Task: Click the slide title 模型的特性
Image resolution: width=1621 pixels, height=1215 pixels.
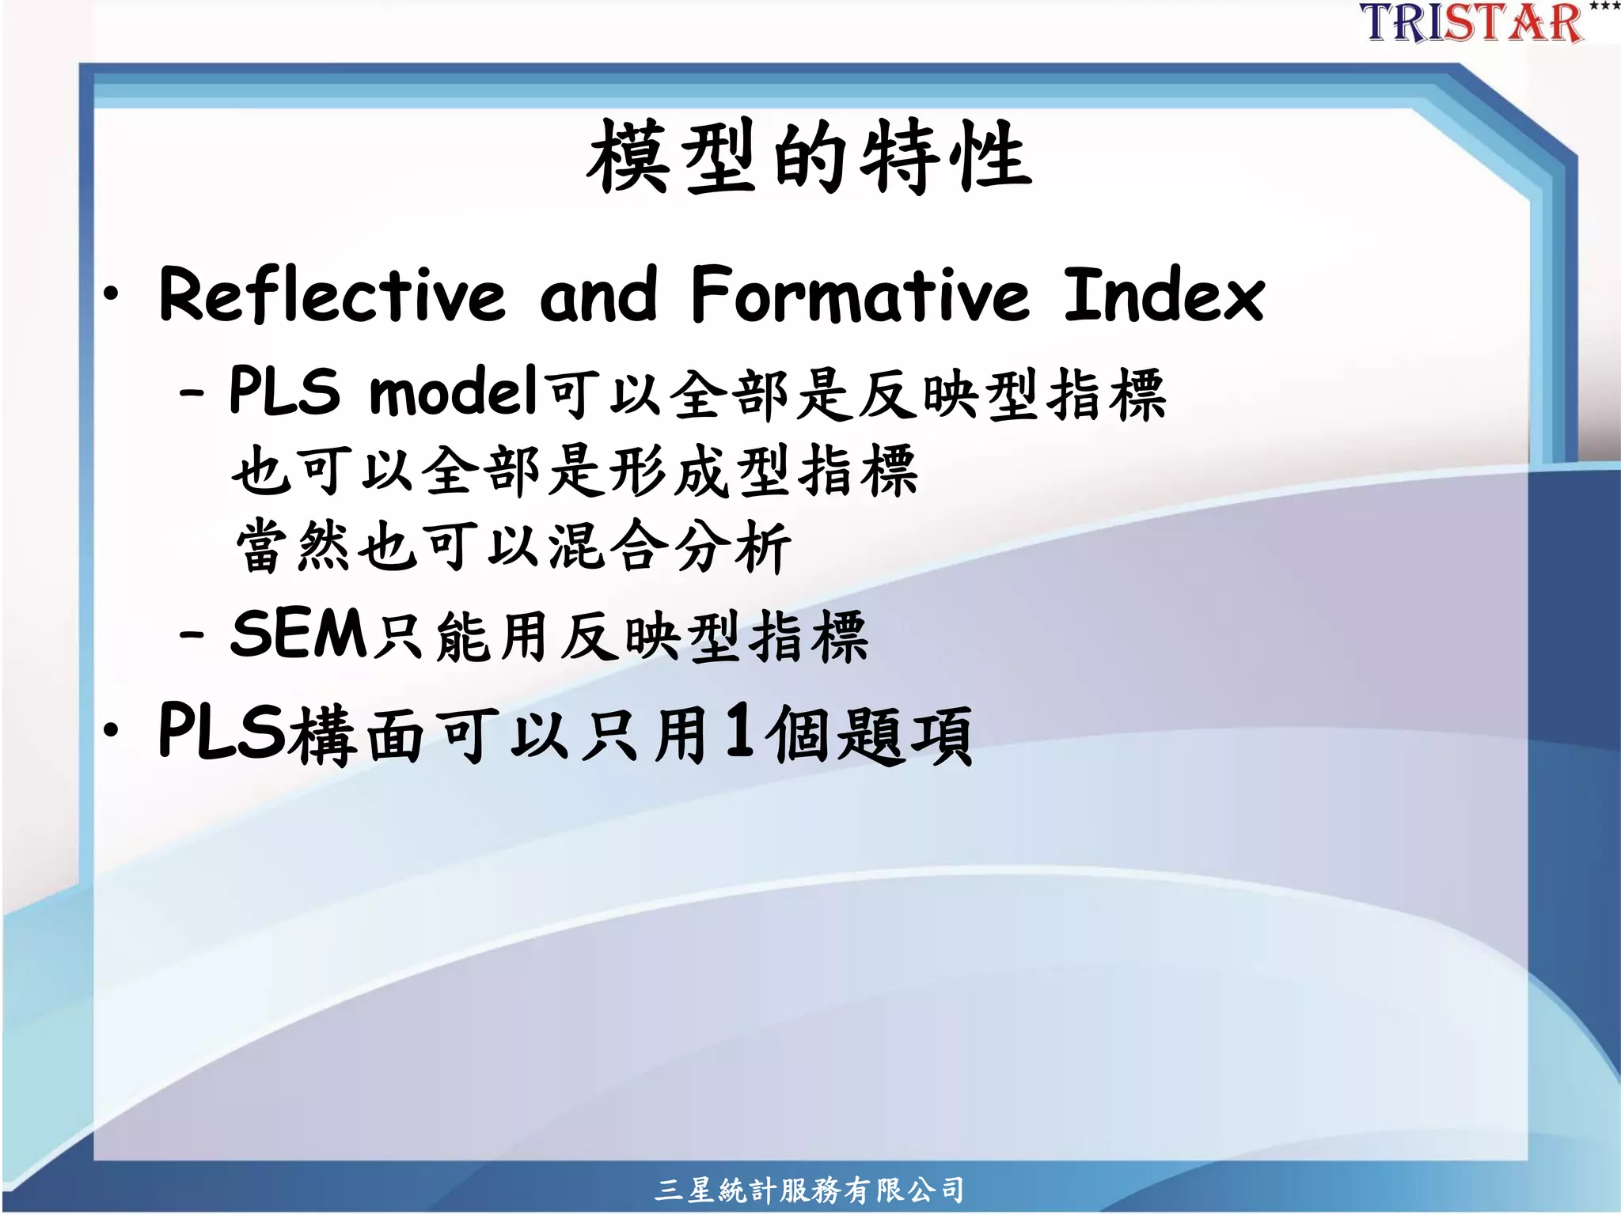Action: [809, 156]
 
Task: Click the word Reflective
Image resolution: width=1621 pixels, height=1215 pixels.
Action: [332, 294]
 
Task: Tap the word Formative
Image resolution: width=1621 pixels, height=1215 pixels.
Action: [860, 294]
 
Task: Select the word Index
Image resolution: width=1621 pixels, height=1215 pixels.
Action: [1163, 294]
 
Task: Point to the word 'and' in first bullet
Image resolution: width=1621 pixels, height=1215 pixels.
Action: [598, 296]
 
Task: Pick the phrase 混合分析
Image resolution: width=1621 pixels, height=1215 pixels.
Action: [670, 547]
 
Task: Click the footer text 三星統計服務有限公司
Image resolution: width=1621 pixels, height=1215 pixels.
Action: [809, 1190]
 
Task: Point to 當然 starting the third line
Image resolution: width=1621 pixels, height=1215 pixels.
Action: [293, 547]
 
